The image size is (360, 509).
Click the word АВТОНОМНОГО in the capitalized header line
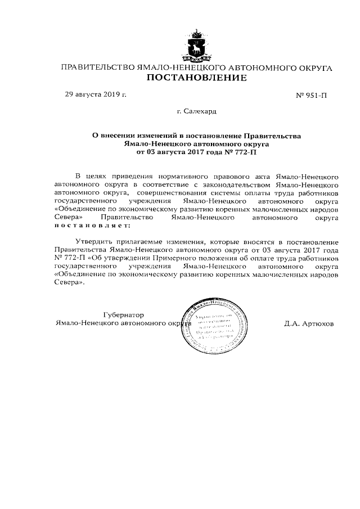(253, 68)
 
